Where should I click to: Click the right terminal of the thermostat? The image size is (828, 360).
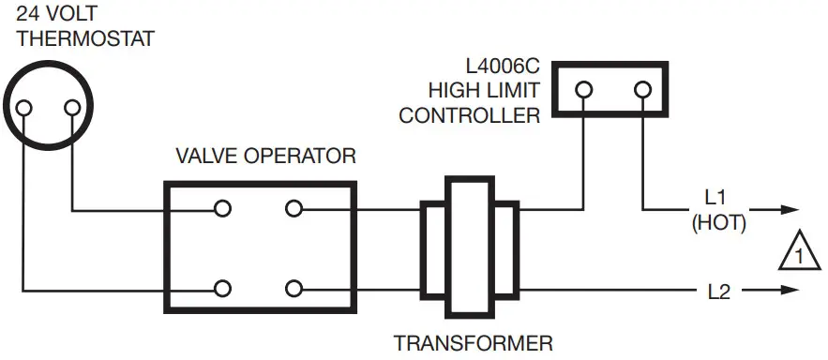[x=71, y=109]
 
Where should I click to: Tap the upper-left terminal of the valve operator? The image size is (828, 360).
[x=222, y=209]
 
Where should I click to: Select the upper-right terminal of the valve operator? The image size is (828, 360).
[x=294, y=209]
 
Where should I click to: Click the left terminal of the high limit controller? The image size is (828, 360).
[x=583, y=90]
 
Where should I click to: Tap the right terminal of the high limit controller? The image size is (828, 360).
[x=643, y=90]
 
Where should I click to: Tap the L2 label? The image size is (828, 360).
[x=718, y=291]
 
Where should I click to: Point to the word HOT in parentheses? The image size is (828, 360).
[x=718, y=225]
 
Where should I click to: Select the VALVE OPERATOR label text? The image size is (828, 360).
[x=266, y=156]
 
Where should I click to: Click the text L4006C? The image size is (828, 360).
[x=502, y=67]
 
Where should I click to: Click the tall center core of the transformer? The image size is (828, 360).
[x=467, y=247]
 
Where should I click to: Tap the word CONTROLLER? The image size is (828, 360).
[x=469, y=116]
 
